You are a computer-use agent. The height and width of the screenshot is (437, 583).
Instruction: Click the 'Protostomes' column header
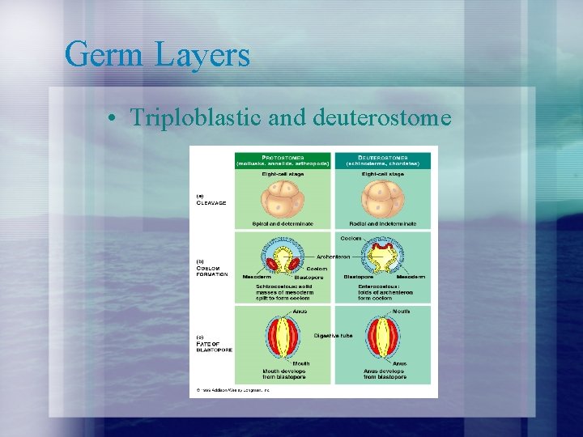pyautogui.click(x=283, y=159)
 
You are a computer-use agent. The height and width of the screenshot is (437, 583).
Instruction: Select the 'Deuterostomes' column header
pyautogui.click(x=384, y=159)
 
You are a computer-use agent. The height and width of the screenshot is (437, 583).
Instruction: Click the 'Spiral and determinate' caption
pyautogui.click(x=283, y=223)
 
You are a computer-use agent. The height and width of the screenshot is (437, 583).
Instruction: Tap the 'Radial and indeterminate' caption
pyautogui.click(x=383, y=223)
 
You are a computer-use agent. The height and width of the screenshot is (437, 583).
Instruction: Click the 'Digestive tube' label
pyautogui.click(x=332, y=335)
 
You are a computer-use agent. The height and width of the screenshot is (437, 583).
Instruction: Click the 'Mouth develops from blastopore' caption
pyautogui.click(x=283, y=374)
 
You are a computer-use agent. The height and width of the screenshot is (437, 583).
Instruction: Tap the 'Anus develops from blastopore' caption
pyautogui.click(x=383, y=374)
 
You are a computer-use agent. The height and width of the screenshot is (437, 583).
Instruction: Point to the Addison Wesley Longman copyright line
pyautogui.click(x=233, y=390)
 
